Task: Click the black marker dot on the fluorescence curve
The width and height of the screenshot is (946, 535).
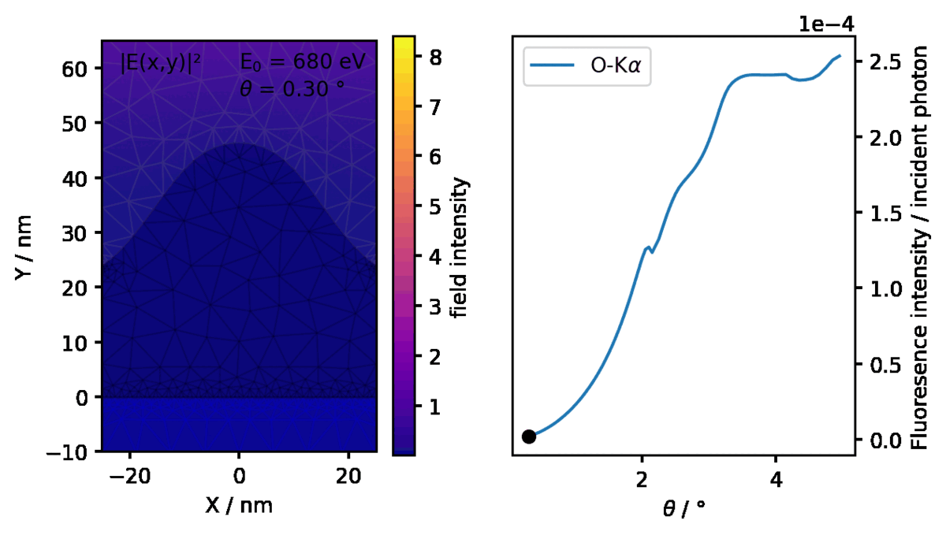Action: pos(528,437)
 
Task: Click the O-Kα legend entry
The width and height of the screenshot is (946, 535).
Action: pos(587,68)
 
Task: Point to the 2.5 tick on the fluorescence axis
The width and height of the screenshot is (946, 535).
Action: pos(884,62)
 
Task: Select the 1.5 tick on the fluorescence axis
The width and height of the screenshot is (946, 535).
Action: pos(884,214)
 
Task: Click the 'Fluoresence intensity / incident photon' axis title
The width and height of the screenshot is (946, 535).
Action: pos(920,245)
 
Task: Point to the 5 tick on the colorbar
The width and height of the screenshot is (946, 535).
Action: pos(433,206)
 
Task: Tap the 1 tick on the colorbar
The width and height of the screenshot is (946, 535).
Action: pos(433,407)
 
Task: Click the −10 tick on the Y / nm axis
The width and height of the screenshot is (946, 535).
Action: pos(71,453)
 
